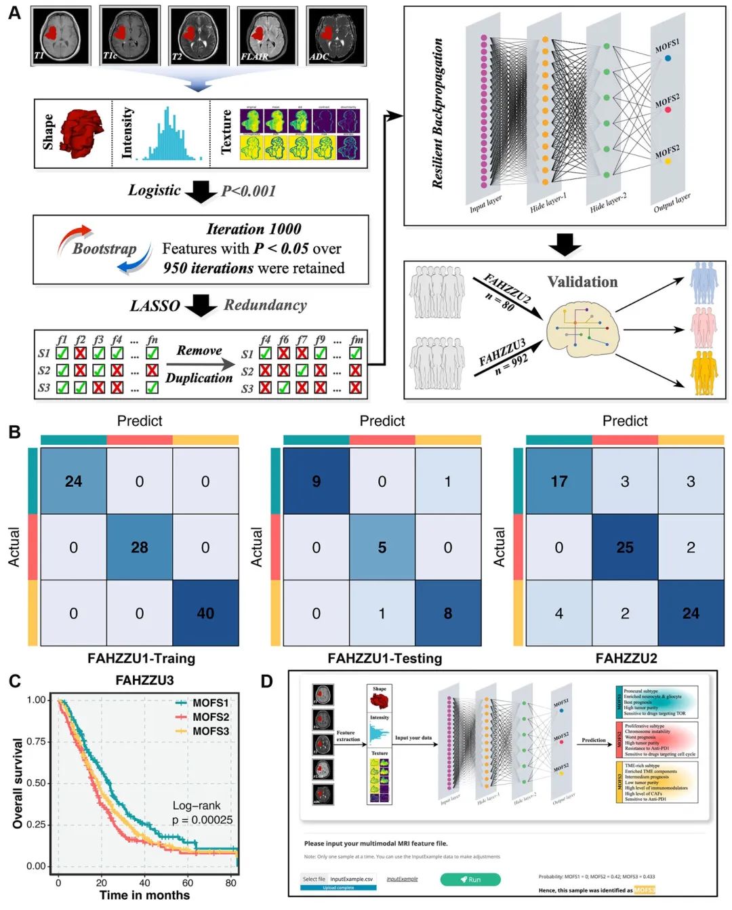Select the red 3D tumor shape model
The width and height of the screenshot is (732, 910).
click(82, 133)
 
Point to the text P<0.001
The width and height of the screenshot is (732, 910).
click(249, 191)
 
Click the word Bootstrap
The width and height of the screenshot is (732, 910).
click(104, 249)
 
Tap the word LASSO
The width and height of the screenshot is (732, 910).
click(155, 306)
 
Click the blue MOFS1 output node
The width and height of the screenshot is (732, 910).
click(668, 58)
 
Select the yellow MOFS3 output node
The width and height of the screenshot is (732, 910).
click(668, 161)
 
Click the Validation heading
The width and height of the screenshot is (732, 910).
click(582, 281)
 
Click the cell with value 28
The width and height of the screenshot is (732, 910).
click(140, 547)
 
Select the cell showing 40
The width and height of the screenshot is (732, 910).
click(205, 613)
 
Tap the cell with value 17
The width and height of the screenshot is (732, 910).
click(559, 481)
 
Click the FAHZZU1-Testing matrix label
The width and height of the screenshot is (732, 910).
click(384, 658)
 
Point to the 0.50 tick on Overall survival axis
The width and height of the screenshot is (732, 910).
click(37, 783)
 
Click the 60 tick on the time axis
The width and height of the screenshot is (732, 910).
click(188, 883)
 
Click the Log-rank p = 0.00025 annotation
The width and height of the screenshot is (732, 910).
click(201, 812)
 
